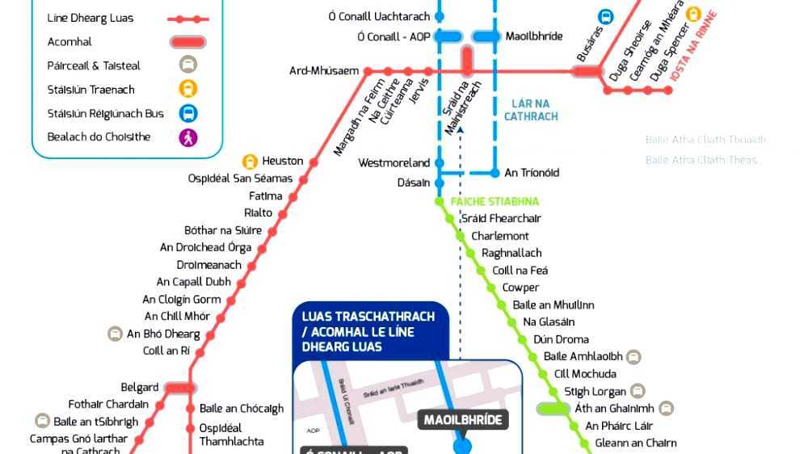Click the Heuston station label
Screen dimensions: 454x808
pyautogui.click(x=283, y=162)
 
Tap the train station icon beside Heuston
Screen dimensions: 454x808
pyautogui.click(x=250, y=162)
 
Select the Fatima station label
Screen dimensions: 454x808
pyautogui.click(x=266, y=196)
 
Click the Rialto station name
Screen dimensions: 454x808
pyautogui.click(x=259, y=213)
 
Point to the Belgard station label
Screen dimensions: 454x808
pyautogui.click(x=140, y=388)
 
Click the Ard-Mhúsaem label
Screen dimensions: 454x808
pyautogui.click(x=324, y=71)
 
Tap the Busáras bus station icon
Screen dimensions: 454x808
pyautogui.click(x=605, y=17)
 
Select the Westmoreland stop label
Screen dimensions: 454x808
pyautogui.click(x=394, y=163)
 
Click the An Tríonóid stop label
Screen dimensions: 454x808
pyautogui.click(x=532, y=173)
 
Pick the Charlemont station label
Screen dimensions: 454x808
pyautogui.click(x=500, y=236)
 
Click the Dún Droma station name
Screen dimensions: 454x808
pyautogui.click(x=561, y=339)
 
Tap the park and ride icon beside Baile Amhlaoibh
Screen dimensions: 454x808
pyautogui.click(x=633, y=356)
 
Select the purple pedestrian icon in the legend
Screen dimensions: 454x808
pyautogui.click(x=188, y=137)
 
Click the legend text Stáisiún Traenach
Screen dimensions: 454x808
pyautogui.click(x=91, y=90)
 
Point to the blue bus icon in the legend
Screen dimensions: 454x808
pyautogui.click(x=188, y=114)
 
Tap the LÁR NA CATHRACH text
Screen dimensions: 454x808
pyautogui.click(x=531, y=110)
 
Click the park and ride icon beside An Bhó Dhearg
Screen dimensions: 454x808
pyautogui.click(x=116, y=334)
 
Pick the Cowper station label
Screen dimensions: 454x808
pyautogui.click(x=520, y=288)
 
